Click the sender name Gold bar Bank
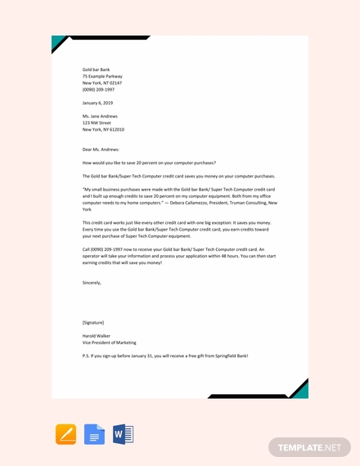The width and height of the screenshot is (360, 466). (x=96, y=69)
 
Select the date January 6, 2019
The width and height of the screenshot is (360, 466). (x=97, y=103)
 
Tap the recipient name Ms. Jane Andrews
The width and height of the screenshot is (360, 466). (x=100, y=116)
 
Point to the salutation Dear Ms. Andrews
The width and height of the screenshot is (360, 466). (x=101, y=150)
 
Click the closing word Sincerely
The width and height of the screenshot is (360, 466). (x=92, y=283)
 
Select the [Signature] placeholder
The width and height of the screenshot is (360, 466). (x=93, y=322)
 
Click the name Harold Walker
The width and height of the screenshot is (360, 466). (x=97, y=335)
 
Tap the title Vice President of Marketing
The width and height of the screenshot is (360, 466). (x=110, y=343)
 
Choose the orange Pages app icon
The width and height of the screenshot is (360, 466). (x=65, y=434)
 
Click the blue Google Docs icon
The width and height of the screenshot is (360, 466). (x=94, y=434)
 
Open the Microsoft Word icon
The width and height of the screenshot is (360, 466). (x=123, y=434)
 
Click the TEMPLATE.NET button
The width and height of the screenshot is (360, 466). (x=308, y=447)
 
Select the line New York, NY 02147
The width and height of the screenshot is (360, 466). (x=102, y=83)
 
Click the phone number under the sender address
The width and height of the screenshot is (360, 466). (x=98, y=89)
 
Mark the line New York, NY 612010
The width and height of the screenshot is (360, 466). (x=103, y=129)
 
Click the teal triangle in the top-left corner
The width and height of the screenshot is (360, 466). (x=57, y=42)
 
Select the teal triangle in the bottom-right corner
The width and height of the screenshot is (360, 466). (x=301, y=390)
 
